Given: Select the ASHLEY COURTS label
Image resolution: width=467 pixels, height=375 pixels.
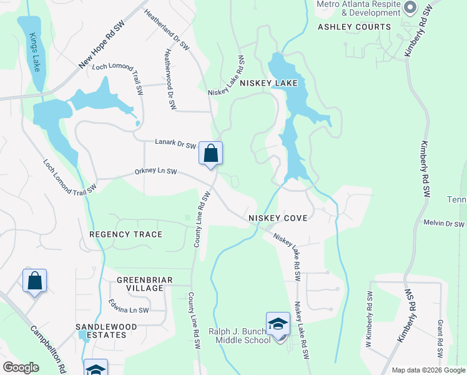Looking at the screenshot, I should [x=354, y=27].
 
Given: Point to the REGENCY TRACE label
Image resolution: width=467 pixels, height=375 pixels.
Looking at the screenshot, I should [x=125, y=234].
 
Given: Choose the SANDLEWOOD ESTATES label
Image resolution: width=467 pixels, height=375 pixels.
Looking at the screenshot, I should [x=101, y=331].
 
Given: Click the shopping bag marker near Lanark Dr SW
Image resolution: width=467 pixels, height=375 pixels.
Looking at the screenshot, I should [x=211, y=153].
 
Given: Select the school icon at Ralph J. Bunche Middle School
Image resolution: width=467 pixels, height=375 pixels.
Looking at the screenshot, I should [x=278, y=323].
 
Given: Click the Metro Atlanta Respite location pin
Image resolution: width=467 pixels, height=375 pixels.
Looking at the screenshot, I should [x=410, y=8].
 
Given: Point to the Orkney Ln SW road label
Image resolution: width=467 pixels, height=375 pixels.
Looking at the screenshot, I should [x=156, y=171].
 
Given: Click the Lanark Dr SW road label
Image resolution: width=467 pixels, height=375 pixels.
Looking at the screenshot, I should [x=175, y=144].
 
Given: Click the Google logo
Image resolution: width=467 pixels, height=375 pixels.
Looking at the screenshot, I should [x=21, y=367].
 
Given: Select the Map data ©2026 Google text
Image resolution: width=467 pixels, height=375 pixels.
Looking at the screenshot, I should [x=428, y=370].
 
